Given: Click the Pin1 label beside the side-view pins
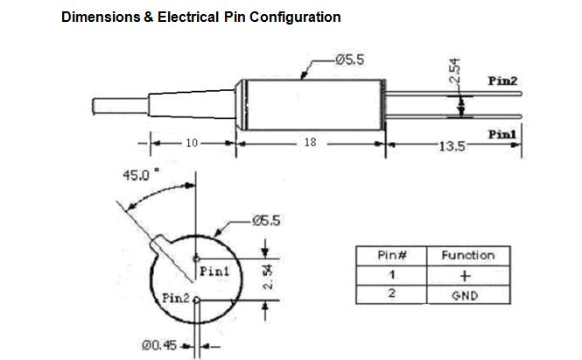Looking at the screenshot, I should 501,133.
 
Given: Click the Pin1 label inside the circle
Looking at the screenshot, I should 214,272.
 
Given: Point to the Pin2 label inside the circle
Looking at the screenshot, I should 177,300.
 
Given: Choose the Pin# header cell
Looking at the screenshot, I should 389,256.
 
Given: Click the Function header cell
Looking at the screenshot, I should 467,256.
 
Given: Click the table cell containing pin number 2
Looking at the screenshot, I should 389,295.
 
